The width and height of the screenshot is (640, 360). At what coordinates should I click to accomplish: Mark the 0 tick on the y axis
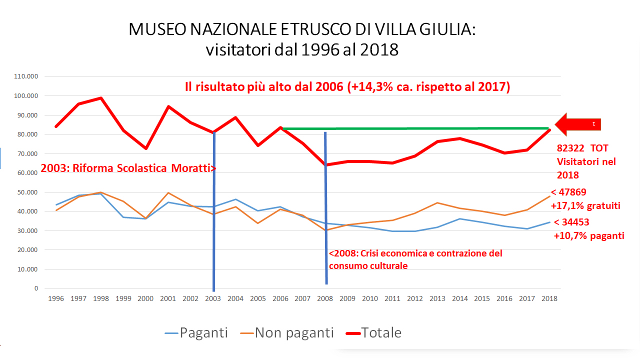point(36,288)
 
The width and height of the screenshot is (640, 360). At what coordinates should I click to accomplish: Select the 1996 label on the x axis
point(56,298)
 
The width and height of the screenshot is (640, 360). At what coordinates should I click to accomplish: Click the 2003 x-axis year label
point(213,298)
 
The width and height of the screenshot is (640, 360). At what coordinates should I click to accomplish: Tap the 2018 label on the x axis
point(549,298)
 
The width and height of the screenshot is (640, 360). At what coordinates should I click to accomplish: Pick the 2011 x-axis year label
point(392,298)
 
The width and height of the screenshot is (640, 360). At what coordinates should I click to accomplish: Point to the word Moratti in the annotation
point(192,168)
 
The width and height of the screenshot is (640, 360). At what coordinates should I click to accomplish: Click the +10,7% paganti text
point(589,235)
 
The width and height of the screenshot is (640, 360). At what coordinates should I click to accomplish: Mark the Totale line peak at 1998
point(100,98)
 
